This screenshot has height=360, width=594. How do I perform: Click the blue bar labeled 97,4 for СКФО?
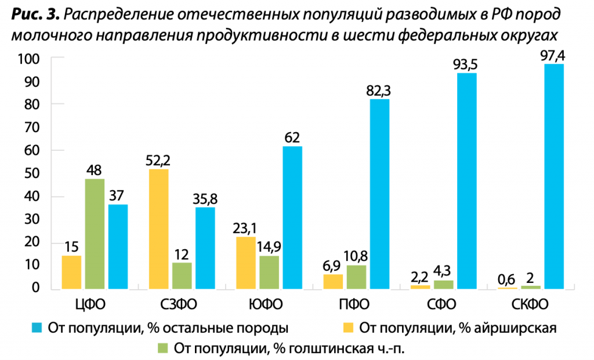[x=553, y=176]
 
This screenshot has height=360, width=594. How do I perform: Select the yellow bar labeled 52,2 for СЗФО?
[x=158, y=229]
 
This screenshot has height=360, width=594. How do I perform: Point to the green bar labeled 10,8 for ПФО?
[x=356, y=277]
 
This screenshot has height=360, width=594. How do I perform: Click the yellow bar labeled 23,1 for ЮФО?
[x=245, y=263]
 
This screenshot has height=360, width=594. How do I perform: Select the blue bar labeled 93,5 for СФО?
[x=466, y=180]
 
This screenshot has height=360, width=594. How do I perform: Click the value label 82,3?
[x=379, y=91]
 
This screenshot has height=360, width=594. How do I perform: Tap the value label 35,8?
[x=205, y=199]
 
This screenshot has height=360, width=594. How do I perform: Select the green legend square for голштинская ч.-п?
[x=163, y=348]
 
